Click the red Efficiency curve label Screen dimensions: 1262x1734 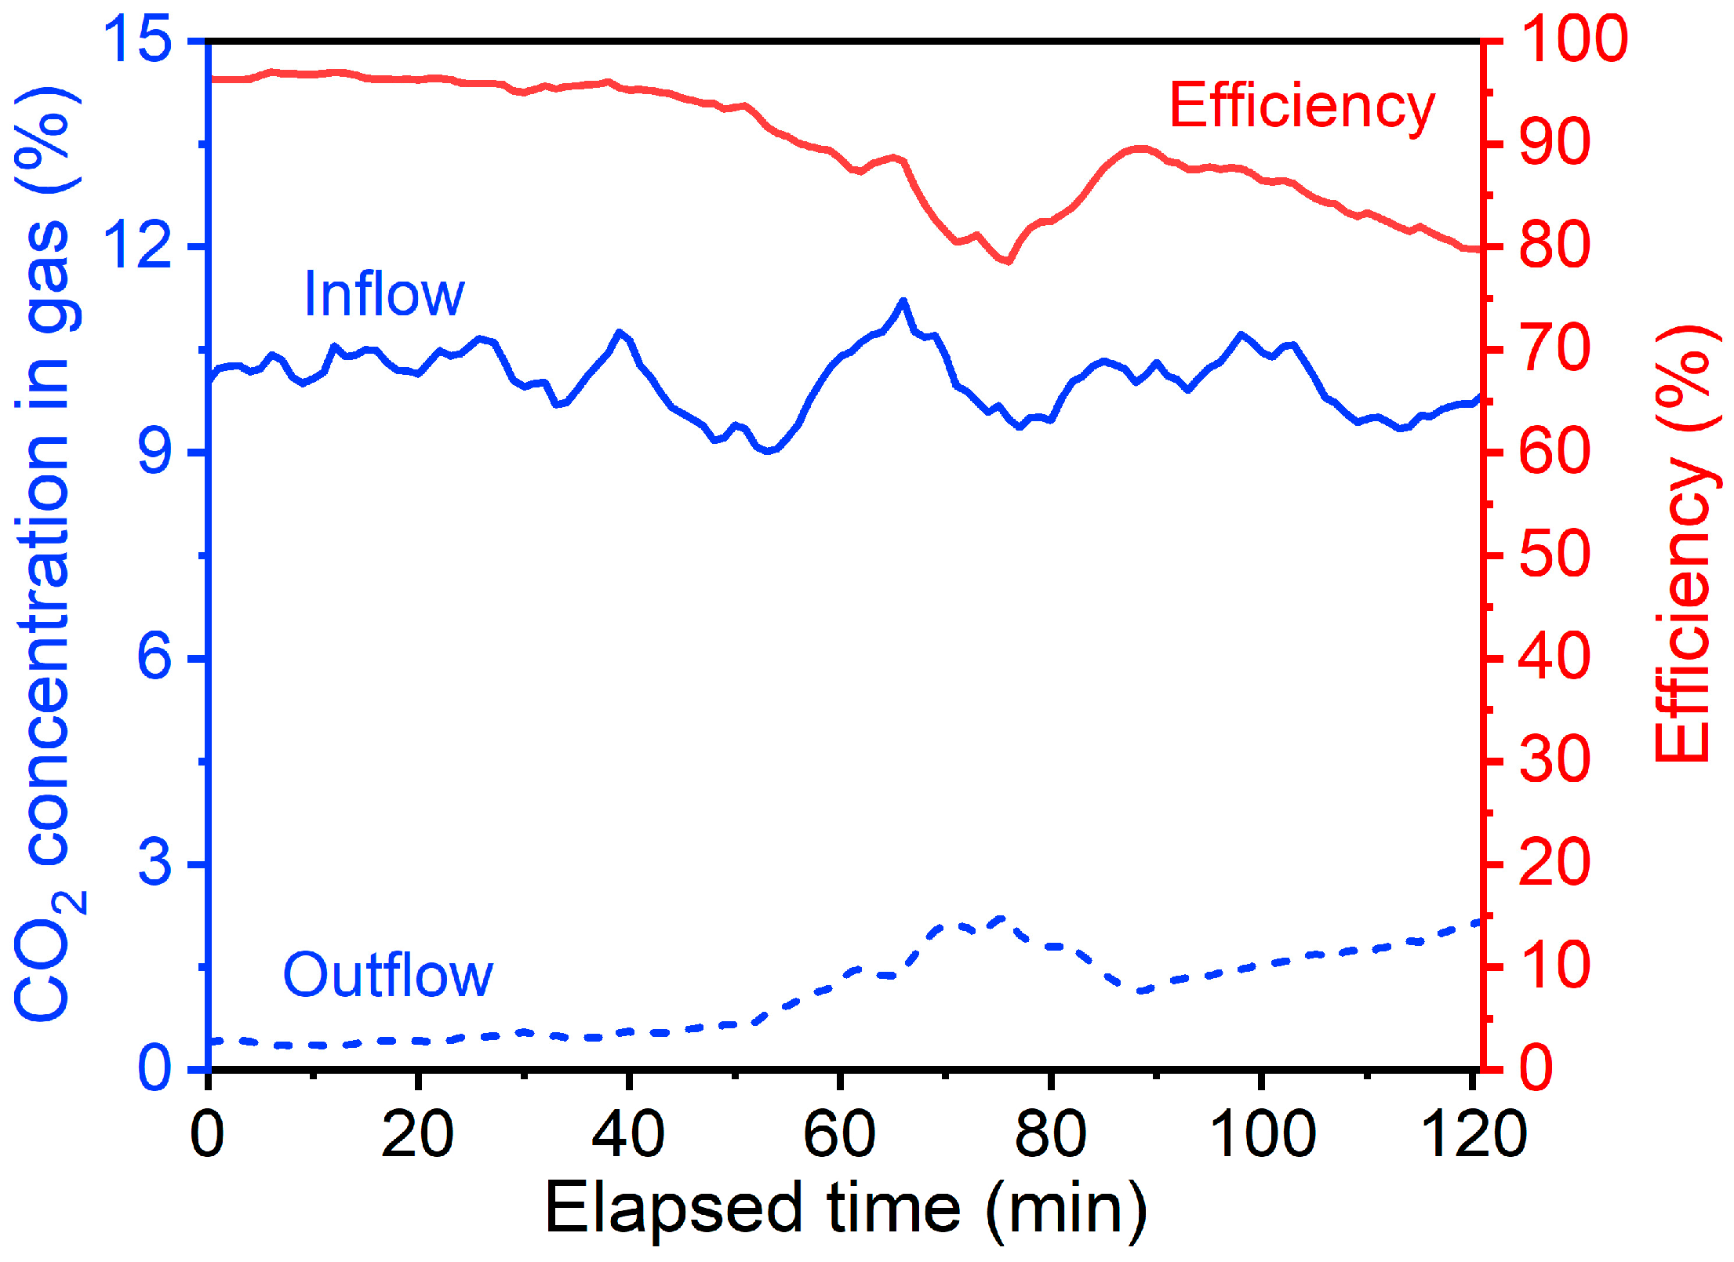[1302, 107]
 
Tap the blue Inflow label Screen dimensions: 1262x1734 [384, 294]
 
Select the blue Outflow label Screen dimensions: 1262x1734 [387, 975]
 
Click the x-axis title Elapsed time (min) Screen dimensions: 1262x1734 [846, 1209]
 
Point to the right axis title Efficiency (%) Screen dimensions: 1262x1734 [1685, 544]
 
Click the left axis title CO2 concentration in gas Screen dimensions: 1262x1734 [47, 553]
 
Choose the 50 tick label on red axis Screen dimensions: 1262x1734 [1554, 555]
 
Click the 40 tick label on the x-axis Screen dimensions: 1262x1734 [628, 1134]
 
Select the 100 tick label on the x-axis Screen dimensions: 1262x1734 [1262, 1134]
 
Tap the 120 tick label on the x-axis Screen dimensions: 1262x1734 [1473, 1134]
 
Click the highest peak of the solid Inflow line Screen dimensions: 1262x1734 [903, 300]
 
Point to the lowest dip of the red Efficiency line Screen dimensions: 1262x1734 [1008, 261]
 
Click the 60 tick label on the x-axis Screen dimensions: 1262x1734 [839, 1134]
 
